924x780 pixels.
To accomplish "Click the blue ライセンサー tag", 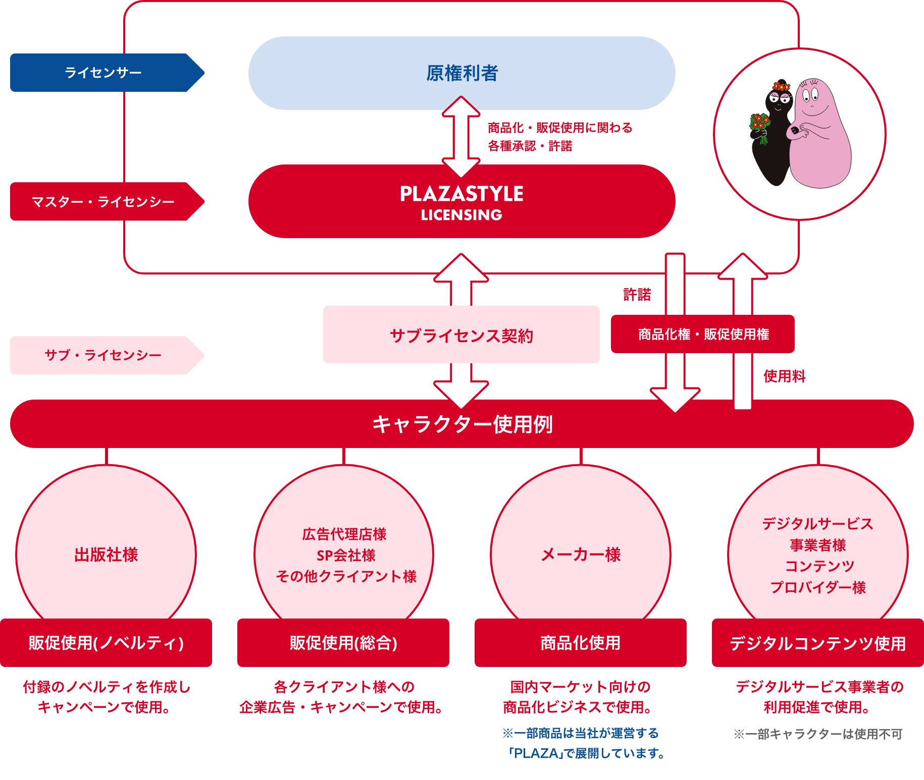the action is tap(107, 73).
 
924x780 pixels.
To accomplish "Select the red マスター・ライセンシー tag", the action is tap(107, 201).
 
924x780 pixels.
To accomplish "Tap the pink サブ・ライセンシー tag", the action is tap(107, 355).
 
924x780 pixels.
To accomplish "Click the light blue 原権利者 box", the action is tap(461, 73).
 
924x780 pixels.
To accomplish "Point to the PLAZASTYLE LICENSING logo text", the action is tap(461, 203).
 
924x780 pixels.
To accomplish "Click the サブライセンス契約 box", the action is tap(461, 335).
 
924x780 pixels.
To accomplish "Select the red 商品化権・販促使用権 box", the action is tap(703, 334).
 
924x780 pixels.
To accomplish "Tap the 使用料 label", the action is tap(785, 376).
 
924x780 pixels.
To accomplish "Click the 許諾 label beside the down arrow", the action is tap(637, 295).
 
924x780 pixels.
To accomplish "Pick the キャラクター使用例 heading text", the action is tap(463, 424).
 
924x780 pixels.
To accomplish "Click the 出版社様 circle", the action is tap(106, 545).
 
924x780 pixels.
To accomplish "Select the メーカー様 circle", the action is tap(581, 545).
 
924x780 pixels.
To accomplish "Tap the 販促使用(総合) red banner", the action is tap(343, 643).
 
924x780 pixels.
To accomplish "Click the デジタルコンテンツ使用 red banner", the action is tap(818, 643).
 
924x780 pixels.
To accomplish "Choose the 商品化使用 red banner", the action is tap(581, 643).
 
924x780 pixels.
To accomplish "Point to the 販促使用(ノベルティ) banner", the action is tap(106, 643).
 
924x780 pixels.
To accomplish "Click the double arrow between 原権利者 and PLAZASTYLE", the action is tap(461, 137).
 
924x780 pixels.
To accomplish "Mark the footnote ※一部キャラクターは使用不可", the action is tap(818, 734).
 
